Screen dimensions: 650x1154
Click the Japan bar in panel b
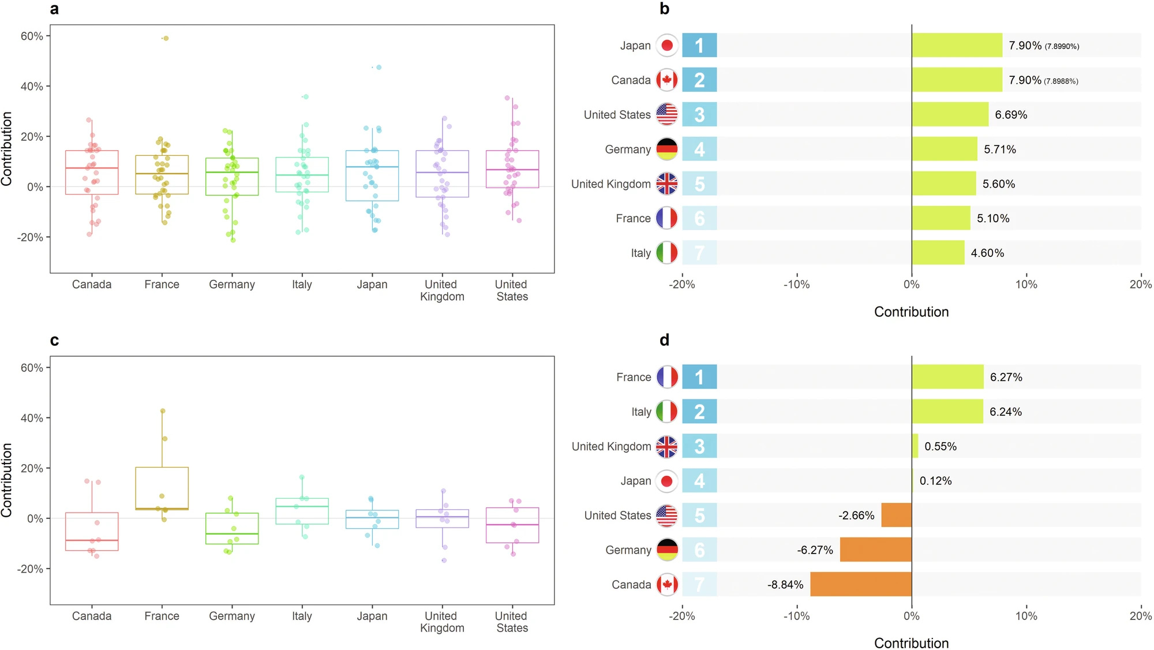coord(957,45)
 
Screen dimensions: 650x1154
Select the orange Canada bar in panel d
coord(861,584)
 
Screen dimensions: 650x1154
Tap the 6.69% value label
coord(1011,115)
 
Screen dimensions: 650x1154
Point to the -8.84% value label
coord(785,585)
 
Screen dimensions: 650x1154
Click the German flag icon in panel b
coord(667,149)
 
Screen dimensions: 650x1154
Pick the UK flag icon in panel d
coord(667,446)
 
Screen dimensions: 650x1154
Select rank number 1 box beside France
coord(699,377)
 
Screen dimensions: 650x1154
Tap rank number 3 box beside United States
coord(699,115)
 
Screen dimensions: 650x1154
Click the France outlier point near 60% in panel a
coord(166,39)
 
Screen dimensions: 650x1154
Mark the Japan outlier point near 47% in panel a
coord(379,68)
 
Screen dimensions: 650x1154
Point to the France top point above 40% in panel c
coord(163,411)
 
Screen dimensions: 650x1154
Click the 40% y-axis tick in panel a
coord(32,87)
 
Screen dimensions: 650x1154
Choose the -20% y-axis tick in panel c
coord(30,569)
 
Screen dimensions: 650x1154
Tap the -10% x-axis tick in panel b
coord(796,285)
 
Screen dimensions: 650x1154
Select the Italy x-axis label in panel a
coord(302,285)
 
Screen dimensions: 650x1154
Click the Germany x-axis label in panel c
coord(232,617)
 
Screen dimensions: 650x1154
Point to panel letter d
coord(665,340)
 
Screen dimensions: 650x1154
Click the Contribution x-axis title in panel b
coord(911,312)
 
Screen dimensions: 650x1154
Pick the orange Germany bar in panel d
coord(876,550)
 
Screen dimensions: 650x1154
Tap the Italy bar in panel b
coord(938,253)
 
